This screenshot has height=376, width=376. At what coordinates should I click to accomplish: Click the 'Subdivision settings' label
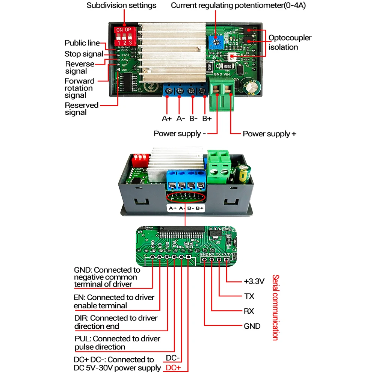(121, 5)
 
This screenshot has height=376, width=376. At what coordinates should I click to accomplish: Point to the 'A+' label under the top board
(166, 119)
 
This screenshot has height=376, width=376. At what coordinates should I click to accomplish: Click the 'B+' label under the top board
(207, 119)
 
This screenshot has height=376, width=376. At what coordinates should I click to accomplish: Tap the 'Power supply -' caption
(180, 134)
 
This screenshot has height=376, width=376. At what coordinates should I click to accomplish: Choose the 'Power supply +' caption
(269, 134)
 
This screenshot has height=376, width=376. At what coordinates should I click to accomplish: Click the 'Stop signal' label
(83, 54)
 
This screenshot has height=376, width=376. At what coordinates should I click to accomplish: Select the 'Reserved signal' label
(81, 109)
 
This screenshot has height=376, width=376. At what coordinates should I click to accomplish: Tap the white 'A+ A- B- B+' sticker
(186, 208)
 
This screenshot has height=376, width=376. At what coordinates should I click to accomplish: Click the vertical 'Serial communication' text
(275, 307)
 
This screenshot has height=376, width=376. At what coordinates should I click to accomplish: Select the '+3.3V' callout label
(254, 281)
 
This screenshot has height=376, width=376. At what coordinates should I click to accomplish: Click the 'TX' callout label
(249, 296)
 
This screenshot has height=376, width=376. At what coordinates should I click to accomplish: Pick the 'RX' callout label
(249, 311)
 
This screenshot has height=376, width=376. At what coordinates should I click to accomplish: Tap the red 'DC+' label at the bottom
(173, 368)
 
